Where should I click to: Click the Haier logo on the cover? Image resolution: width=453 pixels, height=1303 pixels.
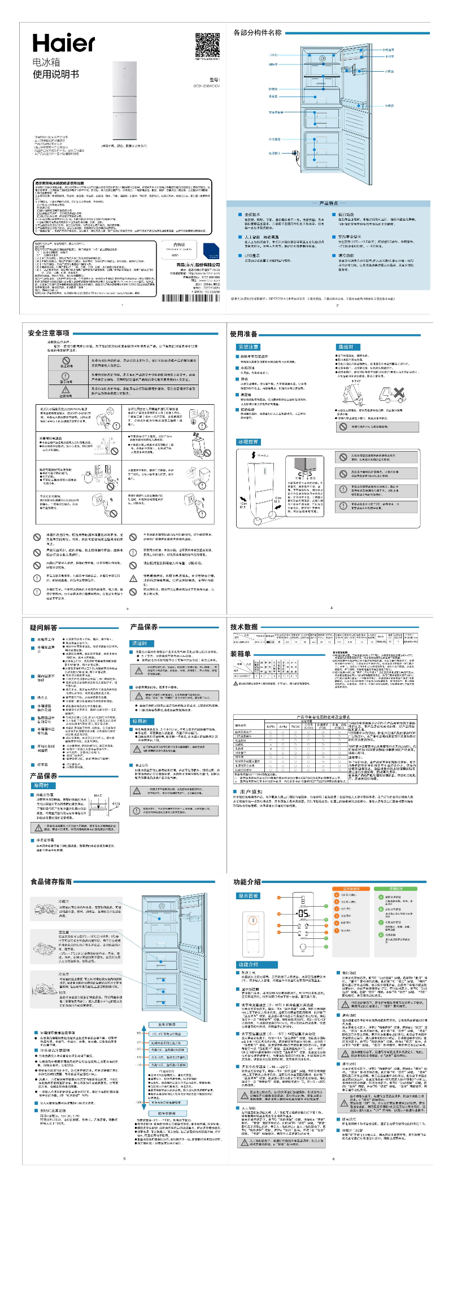(64, 43)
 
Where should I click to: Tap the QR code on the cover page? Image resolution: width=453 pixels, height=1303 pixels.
(207, 45)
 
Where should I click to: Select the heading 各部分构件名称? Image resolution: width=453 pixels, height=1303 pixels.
(258, 33)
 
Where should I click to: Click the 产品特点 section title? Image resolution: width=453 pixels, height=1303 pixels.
(328, 203)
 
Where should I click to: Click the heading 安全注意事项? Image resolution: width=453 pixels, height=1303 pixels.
(49, 333)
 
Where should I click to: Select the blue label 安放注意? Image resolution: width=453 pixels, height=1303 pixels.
(249, 347)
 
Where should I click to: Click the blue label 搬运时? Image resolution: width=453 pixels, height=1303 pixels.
(346, 347)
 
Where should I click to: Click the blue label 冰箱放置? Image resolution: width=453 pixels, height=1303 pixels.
(248, 442)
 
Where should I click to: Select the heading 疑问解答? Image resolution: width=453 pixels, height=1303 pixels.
(43, 627)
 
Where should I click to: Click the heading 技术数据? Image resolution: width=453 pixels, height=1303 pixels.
(244, 627)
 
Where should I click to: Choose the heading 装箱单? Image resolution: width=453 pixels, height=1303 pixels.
(240, 654)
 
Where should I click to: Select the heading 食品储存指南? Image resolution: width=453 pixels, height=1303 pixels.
(51, 881)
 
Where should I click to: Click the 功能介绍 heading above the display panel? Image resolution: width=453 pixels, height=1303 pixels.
(247, 881)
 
